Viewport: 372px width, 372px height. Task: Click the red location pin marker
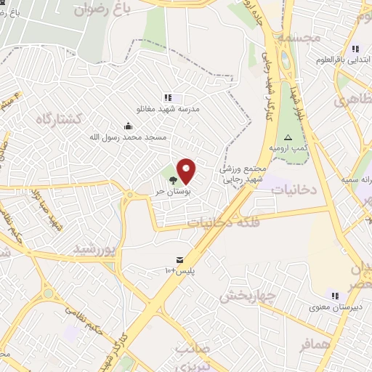[x=186, y=171]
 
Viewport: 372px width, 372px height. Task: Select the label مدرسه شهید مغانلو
[x=169, y=109]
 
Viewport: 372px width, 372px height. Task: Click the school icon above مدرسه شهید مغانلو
[x=168, y=97]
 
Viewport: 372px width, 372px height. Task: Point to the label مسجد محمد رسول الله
[x=129, y=137]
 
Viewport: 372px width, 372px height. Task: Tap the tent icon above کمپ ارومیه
[x=288, y=137]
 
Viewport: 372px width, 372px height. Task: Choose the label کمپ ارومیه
[x=288, y=147]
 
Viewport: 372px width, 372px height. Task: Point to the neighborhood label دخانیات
[x=295, y=188]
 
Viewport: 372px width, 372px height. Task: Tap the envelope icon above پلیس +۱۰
[x=179, y=259]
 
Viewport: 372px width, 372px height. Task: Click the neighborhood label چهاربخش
[x=246, y=296]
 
